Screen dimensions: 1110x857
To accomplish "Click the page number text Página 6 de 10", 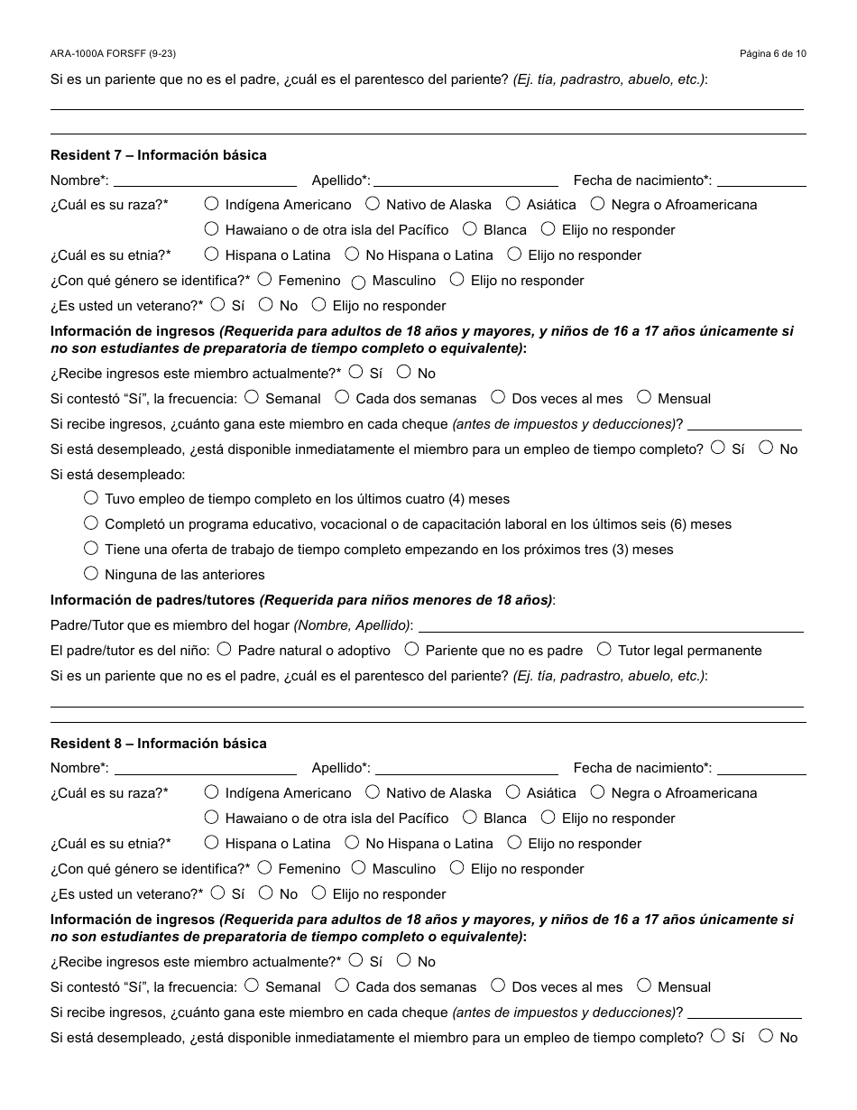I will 772,54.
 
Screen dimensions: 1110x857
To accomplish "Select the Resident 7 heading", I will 158,155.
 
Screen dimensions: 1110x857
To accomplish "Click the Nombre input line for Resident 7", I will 206,180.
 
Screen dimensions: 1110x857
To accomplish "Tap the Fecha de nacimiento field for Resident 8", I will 761,769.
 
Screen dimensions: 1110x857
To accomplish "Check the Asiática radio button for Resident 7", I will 512,204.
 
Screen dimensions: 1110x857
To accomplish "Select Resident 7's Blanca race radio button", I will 469,229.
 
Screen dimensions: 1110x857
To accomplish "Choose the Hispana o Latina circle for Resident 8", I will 211,843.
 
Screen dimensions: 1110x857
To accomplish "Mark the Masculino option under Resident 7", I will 358,282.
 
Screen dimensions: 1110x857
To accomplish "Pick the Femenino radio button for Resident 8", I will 264,868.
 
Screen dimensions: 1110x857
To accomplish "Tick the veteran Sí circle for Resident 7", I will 217,305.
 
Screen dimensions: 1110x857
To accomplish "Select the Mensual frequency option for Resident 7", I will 644,397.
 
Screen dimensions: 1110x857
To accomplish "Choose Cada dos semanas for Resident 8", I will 342,985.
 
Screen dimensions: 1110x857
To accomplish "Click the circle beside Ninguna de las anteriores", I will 91,573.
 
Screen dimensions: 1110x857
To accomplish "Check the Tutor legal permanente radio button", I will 604,649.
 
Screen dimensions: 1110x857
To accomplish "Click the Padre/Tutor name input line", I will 611,625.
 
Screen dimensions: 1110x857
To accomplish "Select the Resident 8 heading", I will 158,744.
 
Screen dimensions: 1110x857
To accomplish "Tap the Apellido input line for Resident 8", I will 466,769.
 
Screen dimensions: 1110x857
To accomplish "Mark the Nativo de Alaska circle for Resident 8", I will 372,792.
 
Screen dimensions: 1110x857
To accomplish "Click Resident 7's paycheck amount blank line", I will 744,424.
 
